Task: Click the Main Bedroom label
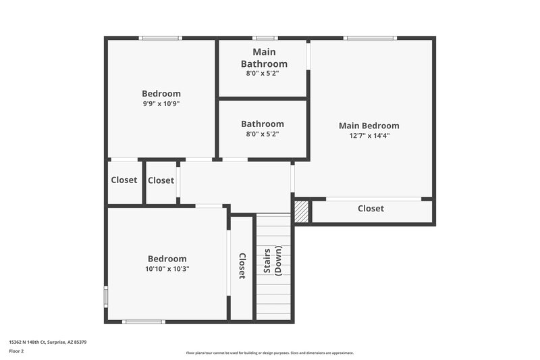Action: [369, 126]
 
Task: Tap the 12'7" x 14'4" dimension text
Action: [369, 136]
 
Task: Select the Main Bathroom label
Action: [263, 57]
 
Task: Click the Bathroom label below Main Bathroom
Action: [263, 124]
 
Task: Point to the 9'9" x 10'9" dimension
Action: [161, 104]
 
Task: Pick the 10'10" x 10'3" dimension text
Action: [167, 269]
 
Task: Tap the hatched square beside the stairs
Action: [302, 212]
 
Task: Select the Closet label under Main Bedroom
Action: [371, 209]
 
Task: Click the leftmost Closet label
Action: [124, 180]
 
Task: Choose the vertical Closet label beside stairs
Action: [242, 265]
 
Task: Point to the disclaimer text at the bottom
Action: [269, 353]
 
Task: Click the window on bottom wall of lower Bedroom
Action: [144, 322]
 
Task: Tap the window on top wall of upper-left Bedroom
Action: [160, 38]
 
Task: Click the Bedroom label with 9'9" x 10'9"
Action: [161, 94]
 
